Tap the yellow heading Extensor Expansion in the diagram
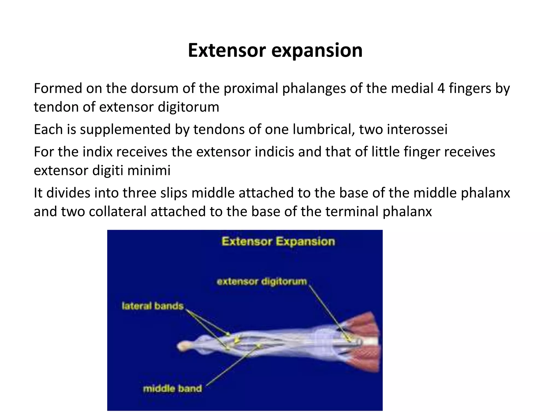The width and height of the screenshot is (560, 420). point(278,242)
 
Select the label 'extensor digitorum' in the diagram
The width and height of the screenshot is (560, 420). point(262,281)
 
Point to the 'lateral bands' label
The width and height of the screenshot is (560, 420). point(153,306)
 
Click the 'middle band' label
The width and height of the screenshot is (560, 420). point(172,389)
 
